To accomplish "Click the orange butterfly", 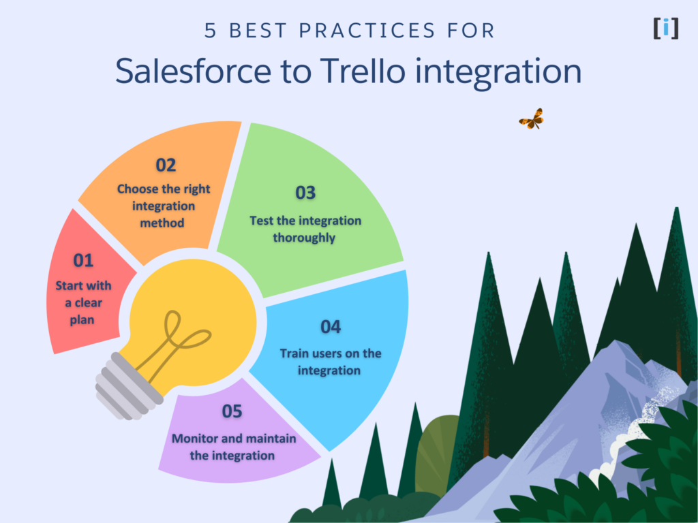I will point(531,119).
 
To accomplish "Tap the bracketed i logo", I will point(665,28).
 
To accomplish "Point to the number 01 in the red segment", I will point(83,260).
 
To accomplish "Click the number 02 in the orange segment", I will point(165,165).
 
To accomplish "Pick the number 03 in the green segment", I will point(305,193).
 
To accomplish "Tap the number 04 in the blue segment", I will point(331,327).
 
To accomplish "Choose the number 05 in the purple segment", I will point(232,411).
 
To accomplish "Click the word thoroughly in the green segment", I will point(304,238).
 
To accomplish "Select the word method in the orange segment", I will point(163,223).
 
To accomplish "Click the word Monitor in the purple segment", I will point(193,438).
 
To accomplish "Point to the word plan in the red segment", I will point(82,319).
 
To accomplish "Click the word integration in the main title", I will point(497,72).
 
